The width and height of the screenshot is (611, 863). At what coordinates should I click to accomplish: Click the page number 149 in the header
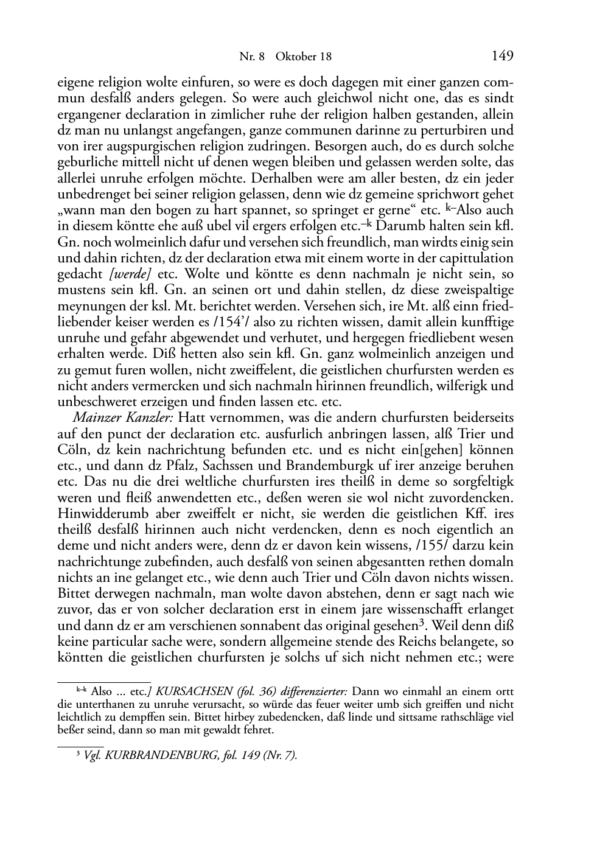[x=502, y=56]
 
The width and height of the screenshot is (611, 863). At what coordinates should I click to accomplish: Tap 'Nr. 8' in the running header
[x=253, y=57]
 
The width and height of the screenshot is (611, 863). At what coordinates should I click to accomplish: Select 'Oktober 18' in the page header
[x=304, y=57]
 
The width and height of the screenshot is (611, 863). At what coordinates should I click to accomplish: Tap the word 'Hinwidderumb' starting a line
[x=99, y=514]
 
